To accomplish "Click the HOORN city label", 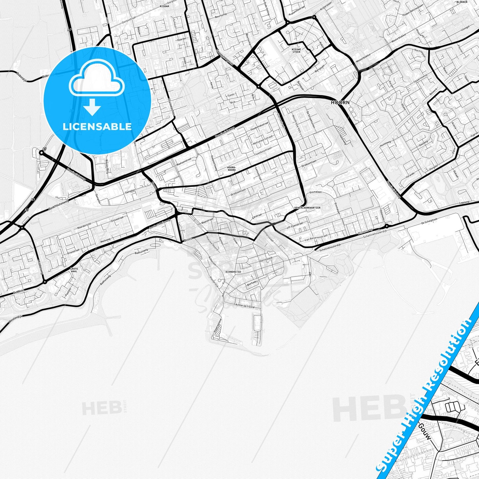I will click(x=340, y=102).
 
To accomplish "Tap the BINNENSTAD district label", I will click(x=233, y=272).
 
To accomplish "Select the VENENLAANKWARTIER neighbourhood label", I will click(x=307, y=208).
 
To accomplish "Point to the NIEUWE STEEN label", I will click(x=296, y=50).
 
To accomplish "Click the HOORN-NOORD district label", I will click(x=231, y=169).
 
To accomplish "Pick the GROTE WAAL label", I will click(x=74, y=270).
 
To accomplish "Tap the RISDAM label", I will click(x=164, y=6).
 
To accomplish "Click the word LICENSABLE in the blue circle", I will click(x=97, y=127).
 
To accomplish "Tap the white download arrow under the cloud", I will click(x=92, y=107).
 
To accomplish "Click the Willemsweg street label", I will click(x=365, y=230).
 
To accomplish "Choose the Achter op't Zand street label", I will click(x=245, y=306).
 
